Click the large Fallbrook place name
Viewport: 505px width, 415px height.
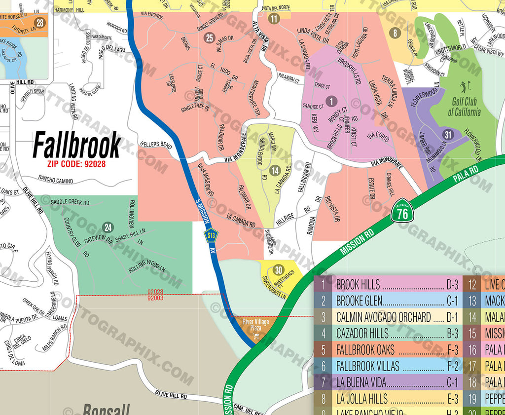[x=76, y=145]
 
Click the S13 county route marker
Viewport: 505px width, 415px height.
[x=212, y=236]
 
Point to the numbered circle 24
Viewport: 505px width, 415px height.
[x=108, y=227]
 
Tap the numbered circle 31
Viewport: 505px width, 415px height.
[x=447, y=134]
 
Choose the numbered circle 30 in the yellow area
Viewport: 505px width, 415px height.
[x=279, y=270]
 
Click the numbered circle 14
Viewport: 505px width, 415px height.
[x=275, y=171]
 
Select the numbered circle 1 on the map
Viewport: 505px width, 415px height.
[x=332, y=101]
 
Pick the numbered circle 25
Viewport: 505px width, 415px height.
[x=210, y=38]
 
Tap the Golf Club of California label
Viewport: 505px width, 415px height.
[x=464, y=108]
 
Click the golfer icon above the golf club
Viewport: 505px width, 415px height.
[x=464, y=87]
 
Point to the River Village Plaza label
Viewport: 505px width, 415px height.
[x=255, y=325]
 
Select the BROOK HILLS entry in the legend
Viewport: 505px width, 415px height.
[x=358, y=285]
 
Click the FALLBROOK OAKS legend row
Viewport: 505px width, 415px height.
[x=365, y=350]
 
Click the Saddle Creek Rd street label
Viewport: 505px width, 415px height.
[x=70, y=202]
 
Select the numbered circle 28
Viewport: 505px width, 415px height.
[x=40, y=23]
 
